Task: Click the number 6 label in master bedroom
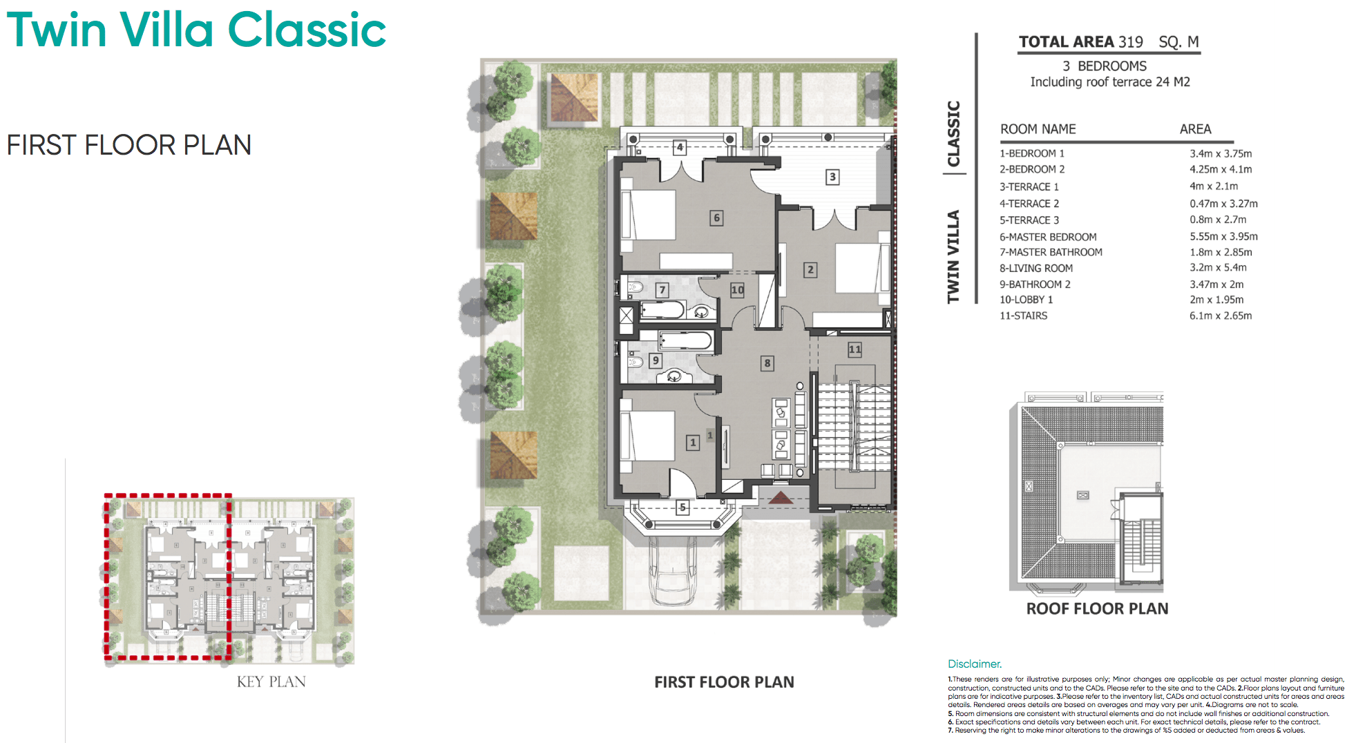pos(716,218)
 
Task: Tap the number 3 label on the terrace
pos(832,177)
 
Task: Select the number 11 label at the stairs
pos(855,349)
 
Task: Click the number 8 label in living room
pos(767,363)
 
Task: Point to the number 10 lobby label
pos(737,290)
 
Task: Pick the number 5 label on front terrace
pos(682,508)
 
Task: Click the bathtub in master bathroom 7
pos(662,310)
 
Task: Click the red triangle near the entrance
pos(781,497)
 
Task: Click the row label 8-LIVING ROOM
pos(1035,268)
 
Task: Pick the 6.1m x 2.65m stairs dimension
pos(1220,316)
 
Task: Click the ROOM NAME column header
pos(1038,129)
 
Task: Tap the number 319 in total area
pos(1131,42)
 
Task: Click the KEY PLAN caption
pos(271,682)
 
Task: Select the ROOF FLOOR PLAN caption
pos(1097,609)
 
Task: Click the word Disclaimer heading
pos(974,664)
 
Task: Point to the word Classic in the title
pos(307,30)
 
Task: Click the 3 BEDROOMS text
pos(1104,66)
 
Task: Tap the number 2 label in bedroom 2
pos(810,270)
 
